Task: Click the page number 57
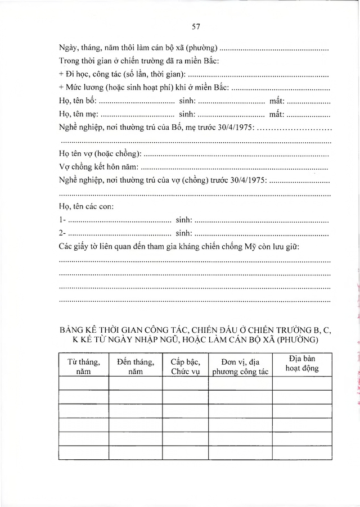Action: pos(196,26)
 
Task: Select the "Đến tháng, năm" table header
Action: pos(136,366)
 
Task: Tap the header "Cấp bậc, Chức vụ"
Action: pos(185,366)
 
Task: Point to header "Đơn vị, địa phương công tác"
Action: pos(240,366)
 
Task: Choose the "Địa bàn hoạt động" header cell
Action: pos(301,364)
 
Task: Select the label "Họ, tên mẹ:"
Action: pos(78,115)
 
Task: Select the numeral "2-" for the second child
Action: pos(62,233)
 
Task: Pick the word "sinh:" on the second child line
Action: pos(184,233)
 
